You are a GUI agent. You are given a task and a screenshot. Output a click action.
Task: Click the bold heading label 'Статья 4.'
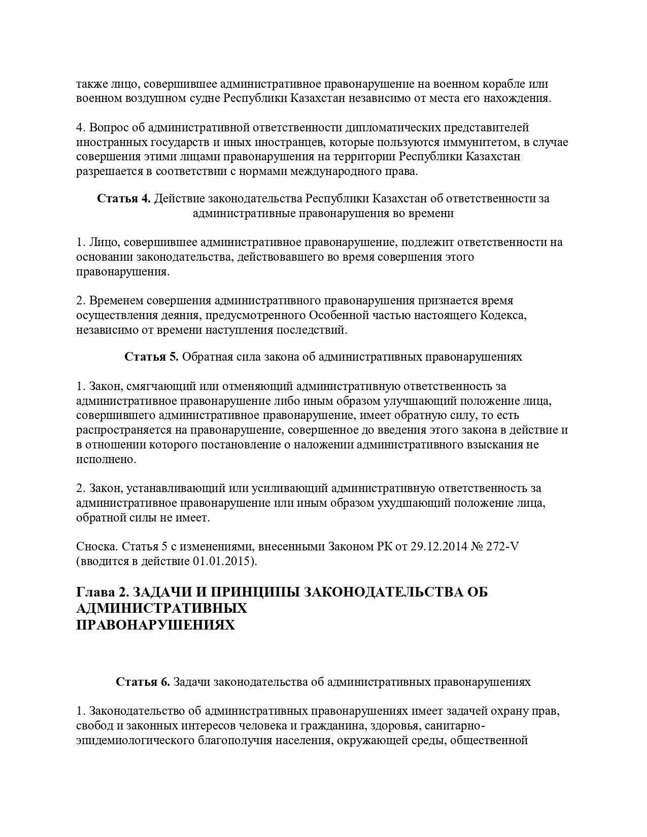pyautogui.click(x=124, y=198)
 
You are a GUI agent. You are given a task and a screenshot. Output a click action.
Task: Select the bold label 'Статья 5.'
pyautogui.click(x=151, y=357)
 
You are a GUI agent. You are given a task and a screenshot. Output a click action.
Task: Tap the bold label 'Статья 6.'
pyautogui.click(x=143, y=682)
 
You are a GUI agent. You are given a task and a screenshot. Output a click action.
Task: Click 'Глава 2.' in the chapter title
pyautogui.click(x=102, y=592)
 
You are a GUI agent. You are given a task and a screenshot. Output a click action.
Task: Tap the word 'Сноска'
pyautogui.click(x=97, y=546)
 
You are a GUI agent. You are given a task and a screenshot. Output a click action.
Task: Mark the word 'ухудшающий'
pyautogui.click(x=413, y=503)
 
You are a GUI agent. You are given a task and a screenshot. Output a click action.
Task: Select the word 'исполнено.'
pyautogui.click(x=107, y=459)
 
